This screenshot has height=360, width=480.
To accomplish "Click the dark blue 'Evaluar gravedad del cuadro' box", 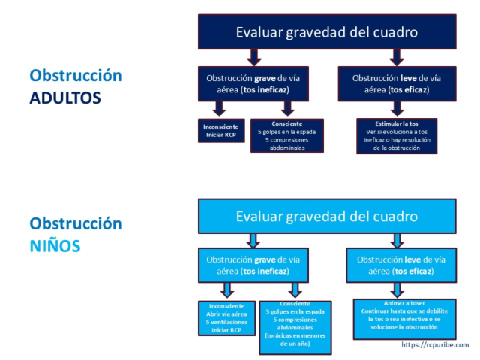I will [x=326, y=32].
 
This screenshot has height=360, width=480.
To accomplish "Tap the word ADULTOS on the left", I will [x=65, y=97].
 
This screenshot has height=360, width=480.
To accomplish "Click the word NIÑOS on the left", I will [x=55, y=245].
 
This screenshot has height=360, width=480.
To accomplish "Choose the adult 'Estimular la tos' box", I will [x=397, y=136].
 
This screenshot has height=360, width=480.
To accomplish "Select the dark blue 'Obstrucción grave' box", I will [x=253, y=83].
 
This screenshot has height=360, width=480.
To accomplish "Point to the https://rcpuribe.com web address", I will [x=435, y=345].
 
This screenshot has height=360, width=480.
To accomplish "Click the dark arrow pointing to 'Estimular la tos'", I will [x=397, y=109].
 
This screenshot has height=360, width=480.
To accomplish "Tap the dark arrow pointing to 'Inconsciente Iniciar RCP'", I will [x=219, y=109].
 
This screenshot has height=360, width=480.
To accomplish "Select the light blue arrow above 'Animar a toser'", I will [x=398, y=289].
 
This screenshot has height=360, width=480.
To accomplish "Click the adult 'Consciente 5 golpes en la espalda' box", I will [x=287, y=136].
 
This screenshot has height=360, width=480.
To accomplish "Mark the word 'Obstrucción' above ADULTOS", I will [x=75, y=76].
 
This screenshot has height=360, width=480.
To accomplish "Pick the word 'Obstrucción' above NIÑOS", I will [x=75, y=223].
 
